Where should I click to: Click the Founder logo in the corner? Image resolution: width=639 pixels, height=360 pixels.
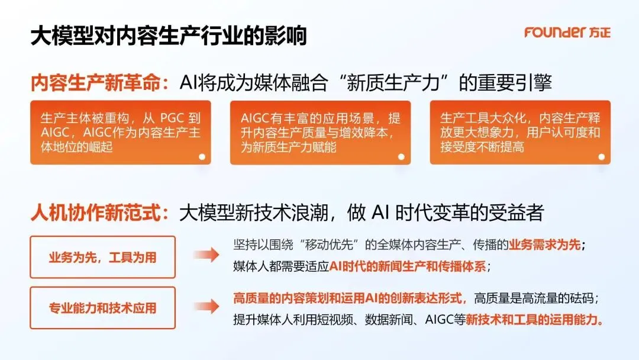(x=567, y=32)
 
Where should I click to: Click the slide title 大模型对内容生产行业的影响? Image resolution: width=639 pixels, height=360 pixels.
(x=168, y=36)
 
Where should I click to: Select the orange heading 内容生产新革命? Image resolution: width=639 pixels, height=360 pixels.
(x=96, y=83)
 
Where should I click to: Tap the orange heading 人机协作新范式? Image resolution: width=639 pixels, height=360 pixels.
(x=96, y=213)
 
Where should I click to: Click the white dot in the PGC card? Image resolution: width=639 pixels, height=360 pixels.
(x=202, y=156)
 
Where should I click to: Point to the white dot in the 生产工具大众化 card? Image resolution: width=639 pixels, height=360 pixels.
(x=601, y=156)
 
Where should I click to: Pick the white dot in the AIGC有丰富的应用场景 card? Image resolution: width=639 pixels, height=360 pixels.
(x=401, y=156)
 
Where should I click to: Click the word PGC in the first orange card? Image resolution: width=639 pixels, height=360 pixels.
(x=173, y=118)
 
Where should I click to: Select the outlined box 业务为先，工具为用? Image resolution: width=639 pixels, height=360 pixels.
(x=103, y=257)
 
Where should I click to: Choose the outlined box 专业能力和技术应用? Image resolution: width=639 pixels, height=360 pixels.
(x=103, y=308)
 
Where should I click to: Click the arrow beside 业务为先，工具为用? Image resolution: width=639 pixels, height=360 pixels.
(x=206, y=255)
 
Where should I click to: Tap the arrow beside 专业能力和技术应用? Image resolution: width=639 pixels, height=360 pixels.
(x=206, y=306)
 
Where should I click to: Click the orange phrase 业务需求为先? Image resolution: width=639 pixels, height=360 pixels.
(x=545, y=245)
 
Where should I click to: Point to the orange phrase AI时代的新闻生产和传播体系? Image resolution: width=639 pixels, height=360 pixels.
(x=407, y=266)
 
